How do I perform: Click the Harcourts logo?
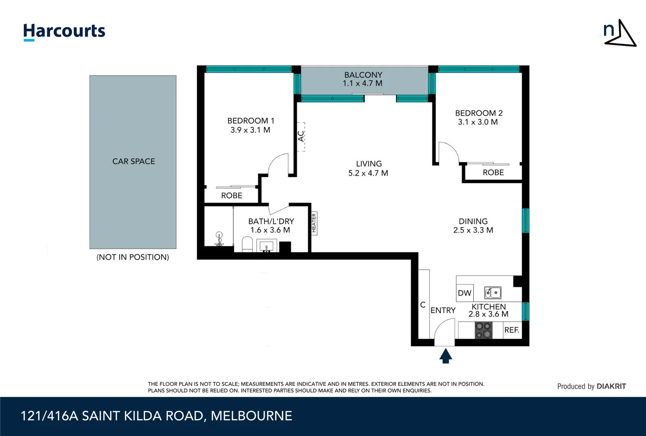click(64, 31)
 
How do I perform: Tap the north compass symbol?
click(620, 34)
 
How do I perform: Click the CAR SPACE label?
click(133, 161)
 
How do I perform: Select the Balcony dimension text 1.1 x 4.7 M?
click(362, 84)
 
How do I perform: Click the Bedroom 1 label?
click(251, 121)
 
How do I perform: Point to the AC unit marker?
click(301, 136)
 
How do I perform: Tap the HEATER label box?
click(314, 223)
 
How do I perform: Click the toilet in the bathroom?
click(247, 244)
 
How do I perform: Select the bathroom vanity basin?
click(266, 246)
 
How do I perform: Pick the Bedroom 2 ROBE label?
click(493, 173)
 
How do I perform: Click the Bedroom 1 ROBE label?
click(232, 196)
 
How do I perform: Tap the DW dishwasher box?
click(465, 293)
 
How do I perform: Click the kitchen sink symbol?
click(492, 292)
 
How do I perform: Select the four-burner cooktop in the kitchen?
click(483, 330)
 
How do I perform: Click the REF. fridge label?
click(512, 330)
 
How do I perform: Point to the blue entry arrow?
click(445, 356)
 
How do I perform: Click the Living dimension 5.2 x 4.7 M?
click(368, 173)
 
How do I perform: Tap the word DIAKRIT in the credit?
click(611, 386)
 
